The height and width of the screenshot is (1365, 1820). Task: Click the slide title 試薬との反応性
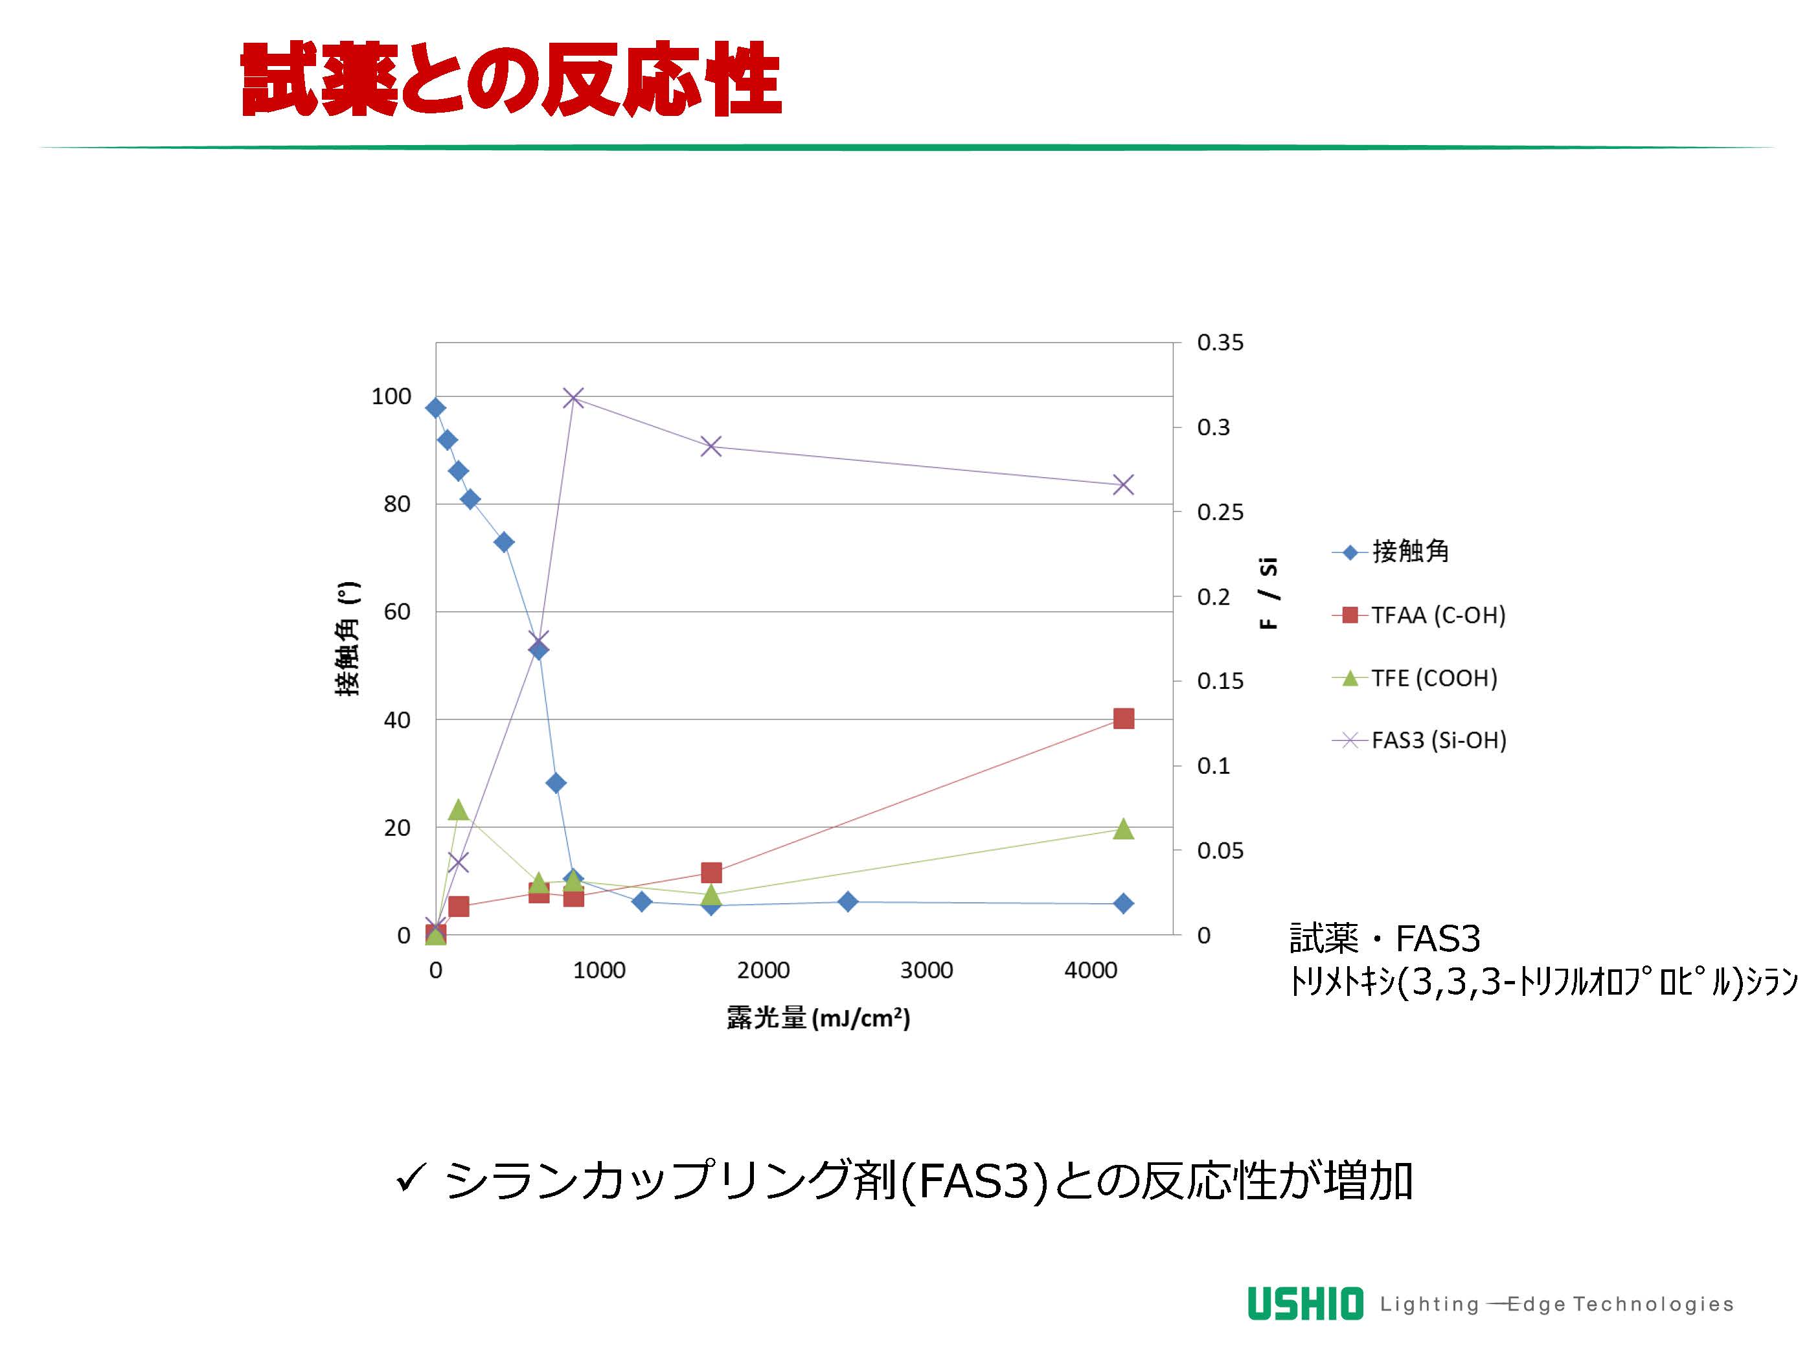510,80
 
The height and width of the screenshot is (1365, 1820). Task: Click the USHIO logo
1305,1304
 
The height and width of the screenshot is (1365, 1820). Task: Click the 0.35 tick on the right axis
1220,343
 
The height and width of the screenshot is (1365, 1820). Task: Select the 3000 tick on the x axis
926,971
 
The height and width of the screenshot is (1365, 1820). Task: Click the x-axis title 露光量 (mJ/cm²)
818,1019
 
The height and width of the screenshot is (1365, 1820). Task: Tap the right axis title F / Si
1269,593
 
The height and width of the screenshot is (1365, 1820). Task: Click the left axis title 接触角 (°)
348,639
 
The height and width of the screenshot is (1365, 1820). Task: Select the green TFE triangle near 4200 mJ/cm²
1123,829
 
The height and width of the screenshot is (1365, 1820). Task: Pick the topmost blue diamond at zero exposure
436,408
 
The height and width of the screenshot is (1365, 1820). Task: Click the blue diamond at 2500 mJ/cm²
848,902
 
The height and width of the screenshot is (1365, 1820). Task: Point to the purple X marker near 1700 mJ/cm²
711,447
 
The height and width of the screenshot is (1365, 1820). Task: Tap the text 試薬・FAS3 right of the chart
1385,939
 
